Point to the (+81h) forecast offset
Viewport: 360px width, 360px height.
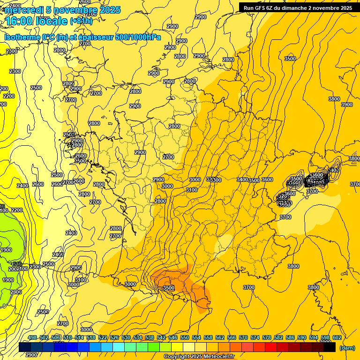pyautogui.click(x=81, y=21)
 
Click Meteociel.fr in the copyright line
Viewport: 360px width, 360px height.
pyautogui.click(x=216, y=357)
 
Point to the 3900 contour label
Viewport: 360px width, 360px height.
pyautogui.click(x=346, y=105)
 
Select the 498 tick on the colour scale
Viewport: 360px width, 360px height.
pyautogui.click(x=32, y=338)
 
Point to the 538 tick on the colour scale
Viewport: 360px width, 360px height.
pyautogui.click(x=150, y=338)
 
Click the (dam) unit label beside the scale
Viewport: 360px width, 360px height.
pyautogui.click(x=347, y=348)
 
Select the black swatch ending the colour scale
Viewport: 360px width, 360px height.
pyautogui.click(x=330, y=347)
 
